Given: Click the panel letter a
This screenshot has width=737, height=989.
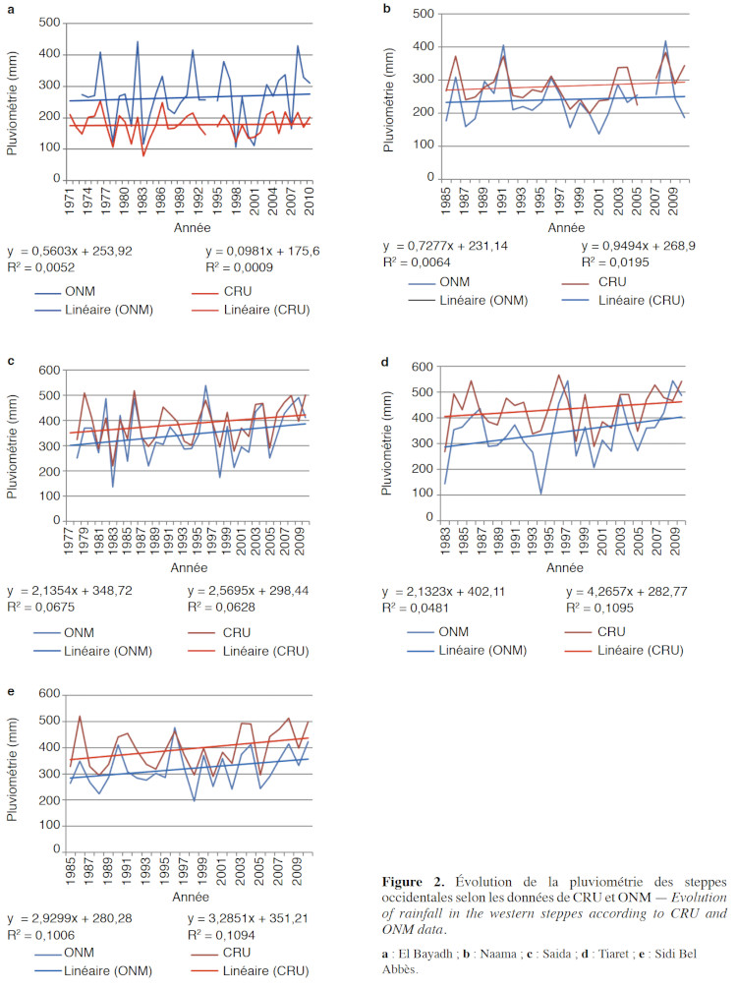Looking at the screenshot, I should [11, 10].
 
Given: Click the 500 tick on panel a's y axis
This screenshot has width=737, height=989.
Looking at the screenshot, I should [46, 22].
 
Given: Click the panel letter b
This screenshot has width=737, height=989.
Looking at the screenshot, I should [387, 9].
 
